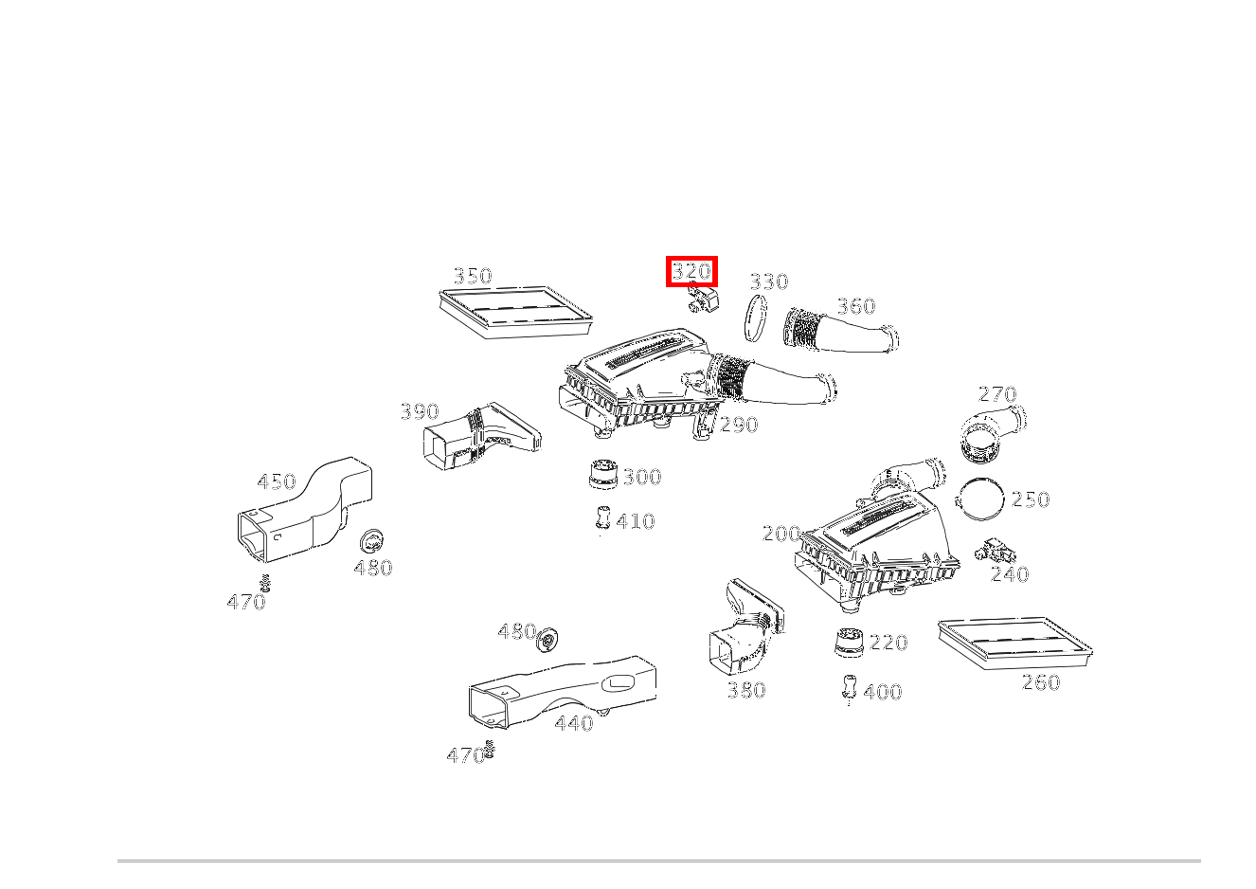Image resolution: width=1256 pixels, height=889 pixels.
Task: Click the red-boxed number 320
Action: pyautogui.click(x=691, y=272)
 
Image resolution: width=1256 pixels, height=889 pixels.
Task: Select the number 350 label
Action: pyautogui.click(x=473, y=276)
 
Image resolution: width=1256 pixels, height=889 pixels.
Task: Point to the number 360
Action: pyautogui.click(x=855, y=306)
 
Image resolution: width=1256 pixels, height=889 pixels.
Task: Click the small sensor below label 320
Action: pyautogui.click(x=702, y=301)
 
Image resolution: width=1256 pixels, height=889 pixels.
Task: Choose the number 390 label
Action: pyautogui.click(x=419, y=411)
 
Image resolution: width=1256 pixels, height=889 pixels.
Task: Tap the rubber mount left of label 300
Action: pyautogui.click(x=602, y=474)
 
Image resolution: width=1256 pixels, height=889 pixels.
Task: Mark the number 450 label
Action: pyautogui.click(x=277, y=481)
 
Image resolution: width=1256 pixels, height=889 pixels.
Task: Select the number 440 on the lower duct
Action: pyautogui.click(x=573, y=723)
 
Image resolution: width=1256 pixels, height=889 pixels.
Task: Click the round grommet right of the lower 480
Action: pyautogui.click(x=547, y=640)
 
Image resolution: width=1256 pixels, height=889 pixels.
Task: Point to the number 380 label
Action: pyautogui.click(x=745, y=690)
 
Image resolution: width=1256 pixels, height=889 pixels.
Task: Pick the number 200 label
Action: pyautogui.click(x=781, y=534)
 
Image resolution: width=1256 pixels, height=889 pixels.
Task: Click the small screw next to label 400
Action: pyautogui.click(x=849, y=688)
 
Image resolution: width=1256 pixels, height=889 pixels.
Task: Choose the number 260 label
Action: pyautogui.click(x=1040, y=682)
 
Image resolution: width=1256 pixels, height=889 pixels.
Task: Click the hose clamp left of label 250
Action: pyautogui.click(x=980, y=499)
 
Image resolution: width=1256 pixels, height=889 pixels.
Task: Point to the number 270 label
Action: pyautogui.click(x=996, y=394)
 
